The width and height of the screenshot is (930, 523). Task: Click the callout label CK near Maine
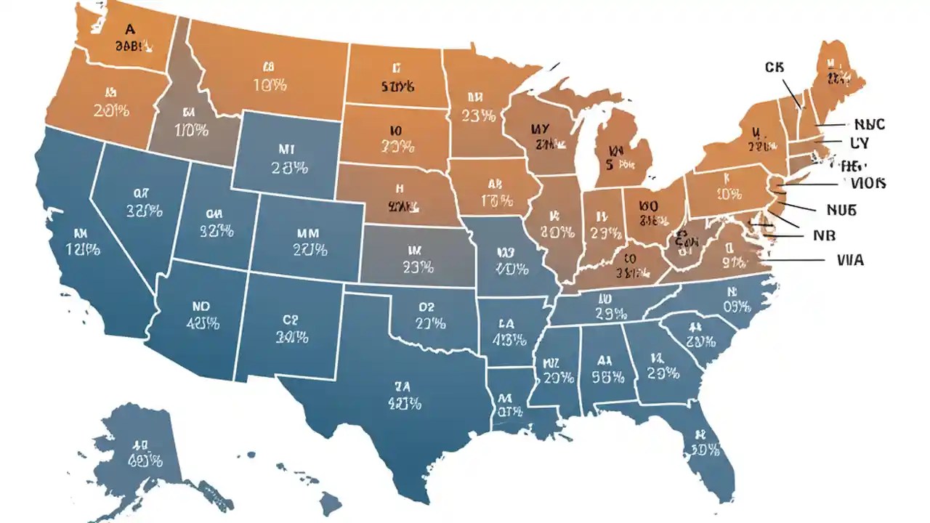pos(775,67)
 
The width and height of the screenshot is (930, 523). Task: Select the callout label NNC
pos(870,124)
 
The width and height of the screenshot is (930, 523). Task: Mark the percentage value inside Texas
pos(404,403)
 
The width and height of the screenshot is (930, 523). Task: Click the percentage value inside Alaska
pos(145,461)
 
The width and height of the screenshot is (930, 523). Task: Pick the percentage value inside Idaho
pos(191,131)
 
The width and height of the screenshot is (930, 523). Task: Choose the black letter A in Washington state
pos(130,30)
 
